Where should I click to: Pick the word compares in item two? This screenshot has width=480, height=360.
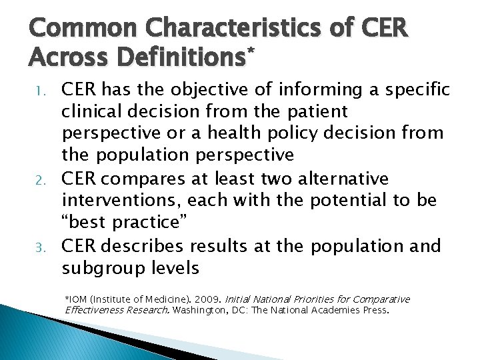coord(149,179)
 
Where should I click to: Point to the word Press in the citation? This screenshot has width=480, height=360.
coord(374,310)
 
